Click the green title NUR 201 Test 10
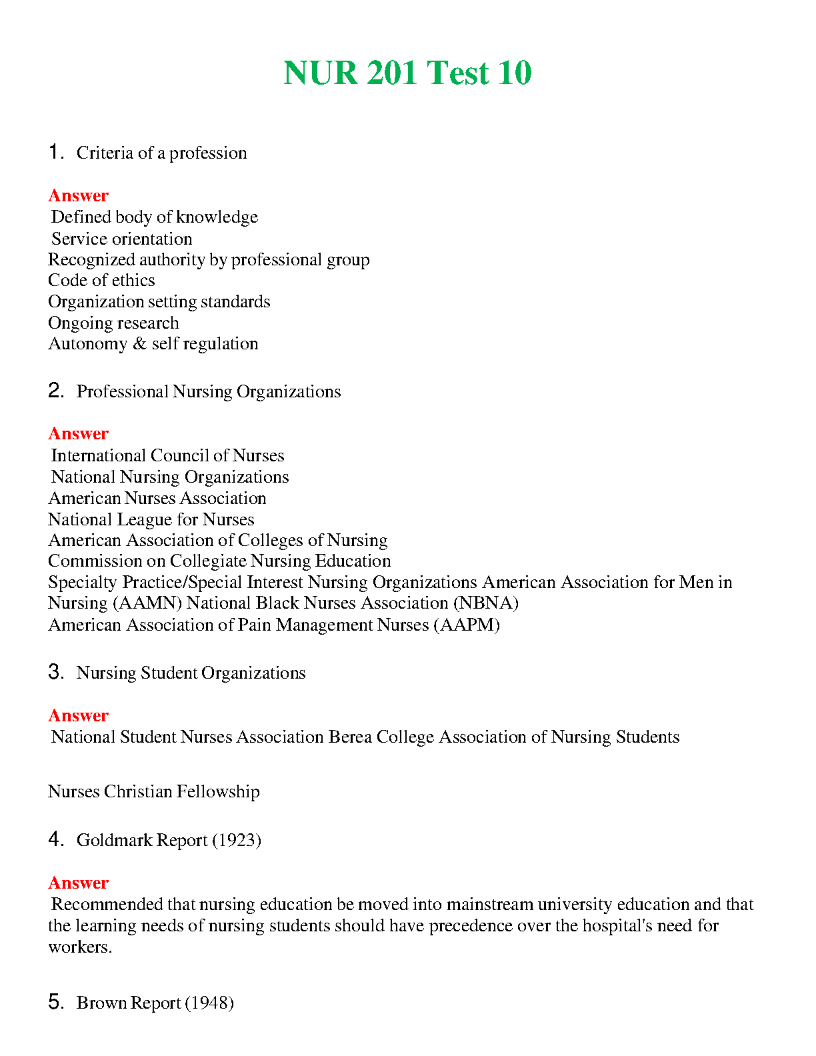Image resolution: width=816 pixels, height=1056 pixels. tap(407, 73)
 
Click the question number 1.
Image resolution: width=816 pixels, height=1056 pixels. tap(55, 152)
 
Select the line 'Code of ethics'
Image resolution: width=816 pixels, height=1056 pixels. tap(101, 281)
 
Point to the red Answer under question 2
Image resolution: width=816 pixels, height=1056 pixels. tap(78, 434)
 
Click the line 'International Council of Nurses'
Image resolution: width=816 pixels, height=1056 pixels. tap(167, 456)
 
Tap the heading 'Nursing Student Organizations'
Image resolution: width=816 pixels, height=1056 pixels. tap(191, 673)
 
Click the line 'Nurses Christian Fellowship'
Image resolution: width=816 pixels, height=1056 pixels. tap(154, 792)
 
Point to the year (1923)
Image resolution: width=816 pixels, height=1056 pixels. tap(237, 840)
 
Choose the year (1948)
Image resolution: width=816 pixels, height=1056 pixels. tap(209, 1003)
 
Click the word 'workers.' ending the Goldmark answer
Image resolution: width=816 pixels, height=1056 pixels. tap(80, 947)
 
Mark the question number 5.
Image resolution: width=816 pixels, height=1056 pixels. tap(55, 1002)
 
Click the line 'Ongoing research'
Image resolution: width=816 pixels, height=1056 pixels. tap(113, 323)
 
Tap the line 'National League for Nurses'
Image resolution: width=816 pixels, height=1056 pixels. tap(151, 520)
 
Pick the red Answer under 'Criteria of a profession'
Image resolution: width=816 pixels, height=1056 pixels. tap(78, 196)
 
